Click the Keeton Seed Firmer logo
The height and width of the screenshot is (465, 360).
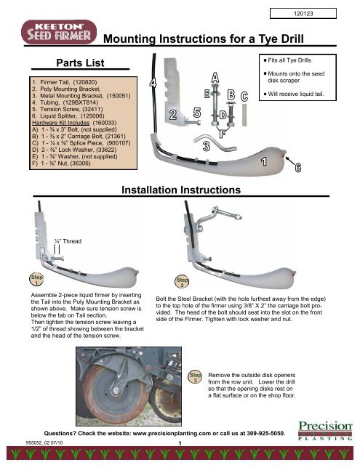click(59, 32)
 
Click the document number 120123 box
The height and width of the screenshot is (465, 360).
click(303, 13)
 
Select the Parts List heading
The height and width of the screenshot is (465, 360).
click(80, 63)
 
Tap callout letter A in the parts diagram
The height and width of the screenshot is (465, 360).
click(215, 78)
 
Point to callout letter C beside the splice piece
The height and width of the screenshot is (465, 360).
click(244, 97)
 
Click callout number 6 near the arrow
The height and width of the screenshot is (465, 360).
click(298, 168)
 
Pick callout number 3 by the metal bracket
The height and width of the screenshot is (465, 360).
click(207, 146)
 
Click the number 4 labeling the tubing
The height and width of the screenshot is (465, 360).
click(153, 83)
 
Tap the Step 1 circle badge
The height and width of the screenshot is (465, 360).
click(36, 279)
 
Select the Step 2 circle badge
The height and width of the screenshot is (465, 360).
click(182, 282)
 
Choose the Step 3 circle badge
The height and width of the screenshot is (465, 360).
click(196, 376)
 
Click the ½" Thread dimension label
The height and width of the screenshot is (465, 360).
click(68, 241)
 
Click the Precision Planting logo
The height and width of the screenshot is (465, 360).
click(325, 430)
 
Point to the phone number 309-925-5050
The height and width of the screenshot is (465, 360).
click(265, 433)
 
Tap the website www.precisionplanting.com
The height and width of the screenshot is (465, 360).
click(172, 433)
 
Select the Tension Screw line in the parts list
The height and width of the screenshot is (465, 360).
click(68, 109)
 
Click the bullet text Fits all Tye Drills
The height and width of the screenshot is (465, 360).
click(287, 60)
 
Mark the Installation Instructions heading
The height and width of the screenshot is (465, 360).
click(181, 190)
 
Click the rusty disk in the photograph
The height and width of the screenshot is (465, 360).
click(115, 391)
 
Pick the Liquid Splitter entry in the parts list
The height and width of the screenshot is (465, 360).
click(68, 116)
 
